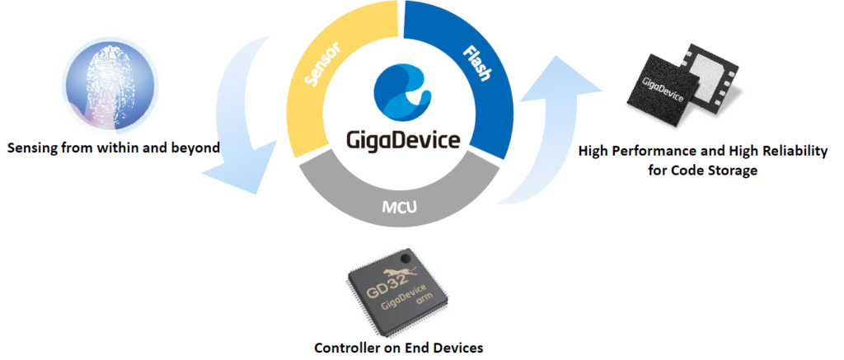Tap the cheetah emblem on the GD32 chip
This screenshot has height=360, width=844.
click(404, 269)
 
